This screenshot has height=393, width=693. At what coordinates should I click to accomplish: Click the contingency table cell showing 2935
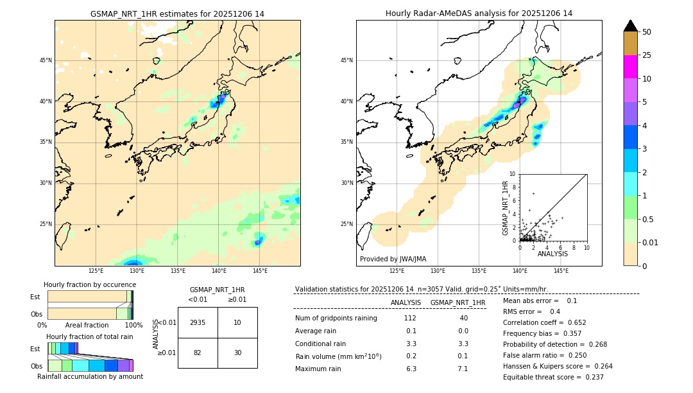[198, 322]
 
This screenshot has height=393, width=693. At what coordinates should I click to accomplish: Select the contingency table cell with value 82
[198, 353]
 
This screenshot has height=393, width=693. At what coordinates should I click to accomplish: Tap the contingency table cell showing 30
[237, 353]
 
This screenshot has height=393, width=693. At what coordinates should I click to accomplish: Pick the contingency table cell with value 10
[237, 322]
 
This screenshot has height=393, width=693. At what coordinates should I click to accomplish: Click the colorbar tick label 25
[647, 55]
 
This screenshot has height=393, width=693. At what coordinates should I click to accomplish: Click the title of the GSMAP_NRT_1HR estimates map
[177, 13]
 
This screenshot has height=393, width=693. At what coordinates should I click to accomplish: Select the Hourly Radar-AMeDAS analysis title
[479, 13]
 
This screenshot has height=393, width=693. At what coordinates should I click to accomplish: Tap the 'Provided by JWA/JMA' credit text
[393, 259]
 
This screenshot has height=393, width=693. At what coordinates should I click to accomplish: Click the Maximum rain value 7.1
[462, 369]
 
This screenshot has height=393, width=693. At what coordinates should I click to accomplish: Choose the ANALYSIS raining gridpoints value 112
[410, 318]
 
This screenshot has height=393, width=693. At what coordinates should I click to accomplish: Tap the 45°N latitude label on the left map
[46, 60]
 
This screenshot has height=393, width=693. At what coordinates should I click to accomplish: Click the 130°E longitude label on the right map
[438, 271]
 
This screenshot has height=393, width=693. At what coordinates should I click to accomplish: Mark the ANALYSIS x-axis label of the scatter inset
[552, 254]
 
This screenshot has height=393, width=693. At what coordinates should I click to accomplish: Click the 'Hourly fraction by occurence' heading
[90, 284]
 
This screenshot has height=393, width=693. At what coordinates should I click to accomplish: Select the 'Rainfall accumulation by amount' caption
[90, 376]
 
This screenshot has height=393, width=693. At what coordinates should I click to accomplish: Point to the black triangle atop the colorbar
[631, 26]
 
